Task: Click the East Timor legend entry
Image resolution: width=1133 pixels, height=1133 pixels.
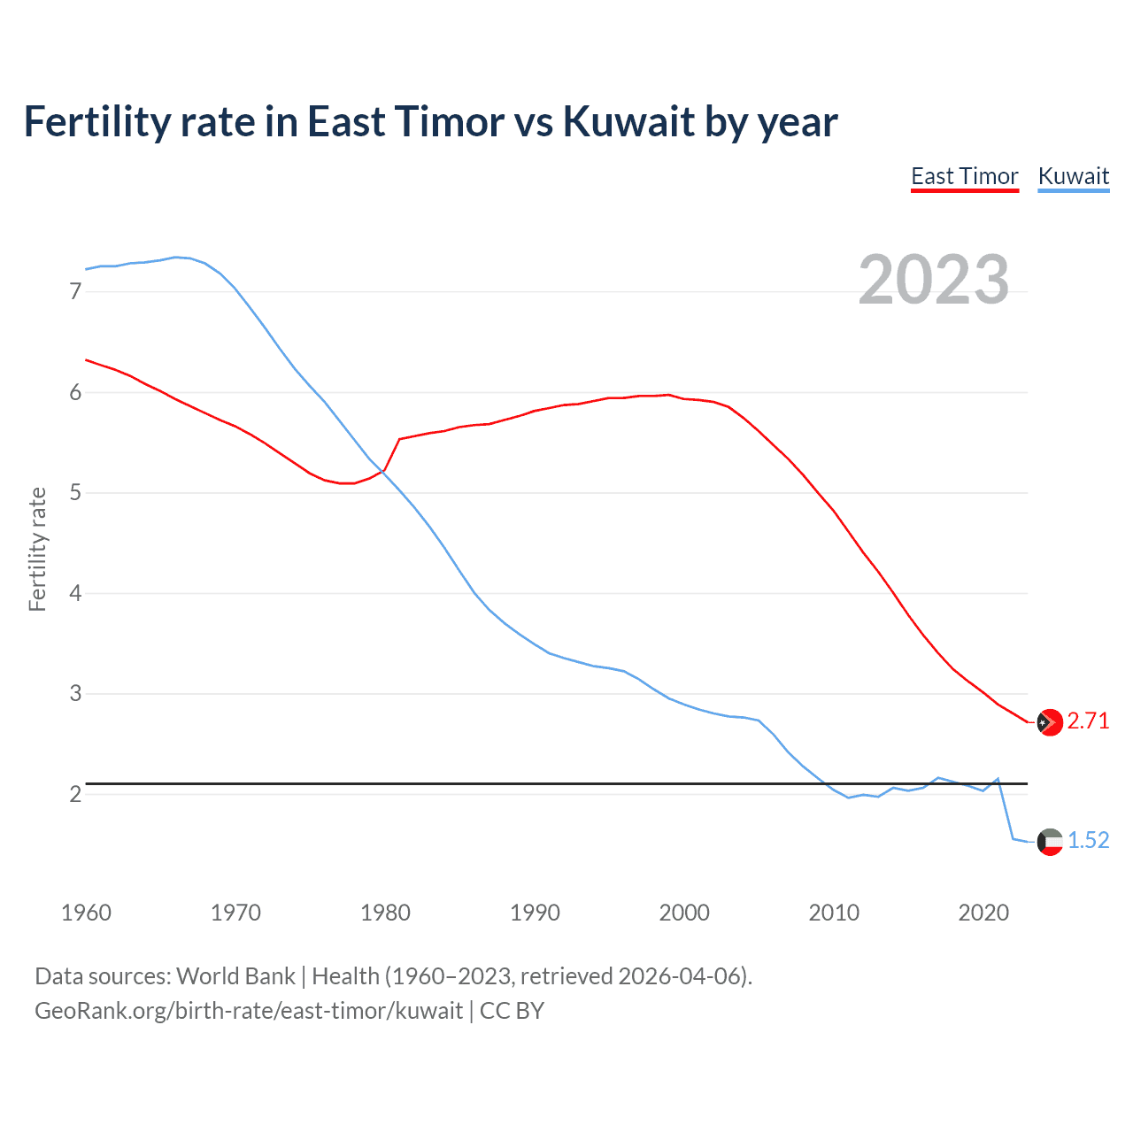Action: tap(965, 176)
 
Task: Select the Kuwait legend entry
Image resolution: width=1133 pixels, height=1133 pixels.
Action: tap(1073, 176)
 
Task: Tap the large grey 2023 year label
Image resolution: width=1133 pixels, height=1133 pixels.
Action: tap(934, 280)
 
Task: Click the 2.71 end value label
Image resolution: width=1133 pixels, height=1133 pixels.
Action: tap(1088, 721)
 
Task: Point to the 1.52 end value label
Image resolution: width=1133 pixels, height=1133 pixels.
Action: tap(1088, 840)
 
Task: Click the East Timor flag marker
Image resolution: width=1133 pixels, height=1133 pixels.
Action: tap(1050, 722)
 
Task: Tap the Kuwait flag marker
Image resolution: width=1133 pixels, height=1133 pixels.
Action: tap(1050, 841)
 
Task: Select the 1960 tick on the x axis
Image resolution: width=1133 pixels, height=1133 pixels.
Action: tap(86, 913)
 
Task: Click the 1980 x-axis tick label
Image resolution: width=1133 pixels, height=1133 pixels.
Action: tap(385, 913)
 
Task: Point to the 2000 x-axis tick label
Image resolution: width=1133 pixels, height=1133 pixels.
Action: tap(684, 913)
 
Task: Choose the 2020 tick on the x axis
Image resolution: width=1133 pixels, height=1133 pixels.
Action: tap(983, 913)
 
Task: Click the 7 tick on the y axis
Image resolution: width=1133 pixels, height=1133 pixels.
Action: tap(75, 291)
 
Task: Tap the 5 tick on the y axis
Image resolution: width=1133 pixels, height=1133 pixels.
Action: tap(75, 492)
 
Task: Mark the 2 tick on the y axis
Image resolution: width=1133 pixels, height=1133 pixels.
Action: tap(75, 794)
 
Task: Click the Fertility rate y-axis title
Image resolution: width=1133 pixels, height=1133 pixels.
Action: tap(37, 549)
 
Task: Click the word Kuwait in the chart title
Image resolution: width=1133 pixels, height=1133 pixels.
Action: tap(628, 122)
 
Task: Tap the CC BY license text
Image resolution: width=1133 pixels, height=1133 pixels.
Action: tap(512, 1011)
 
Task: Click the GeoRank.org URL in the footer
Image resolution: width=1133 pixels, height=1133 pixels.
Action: tap(249, 1011)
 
